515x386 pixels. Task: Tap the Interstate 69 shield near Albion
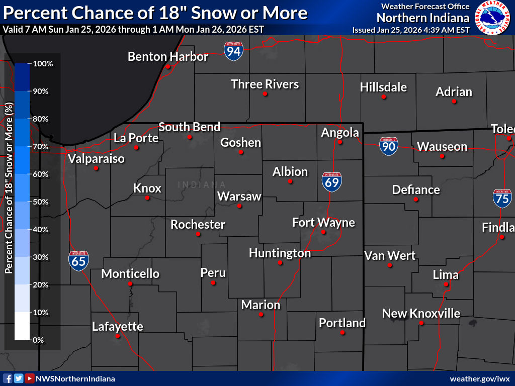332,181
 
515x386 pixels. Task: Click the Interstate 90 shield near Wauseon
389,146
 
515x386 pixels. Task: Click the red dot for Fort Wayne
323,232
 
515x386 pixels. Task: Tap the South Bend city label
190,127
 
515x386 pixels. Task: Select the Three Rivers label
265,84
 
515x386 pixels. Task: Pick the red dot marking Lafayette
118,336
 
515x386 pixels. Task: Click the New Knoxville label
421,314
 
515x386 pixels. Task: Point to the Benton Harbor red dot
168,67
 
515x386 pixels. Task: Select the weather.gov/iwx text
480,378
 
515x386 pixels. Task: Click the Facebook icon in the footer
8,378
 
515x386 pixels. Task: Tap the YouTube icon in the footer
30,378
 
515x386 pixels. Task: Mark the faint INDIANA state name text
202,184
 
